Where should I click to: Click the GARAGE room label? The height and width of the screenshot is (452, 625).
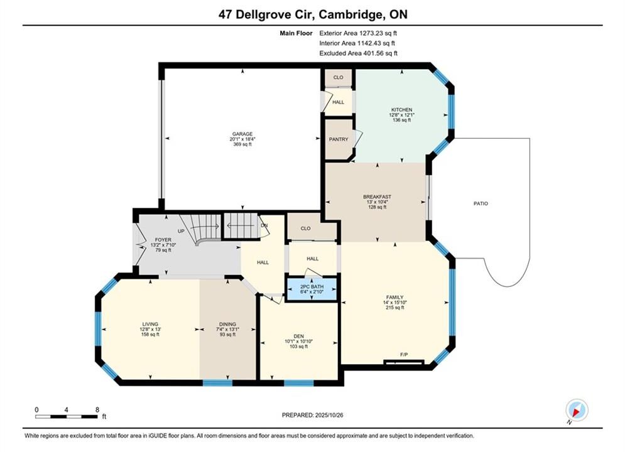point(242,134)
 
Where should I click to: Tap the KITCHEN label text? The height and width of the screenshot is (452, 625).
point(401,109)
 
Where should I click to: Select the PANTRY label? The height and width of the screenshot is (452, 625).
point(339,139)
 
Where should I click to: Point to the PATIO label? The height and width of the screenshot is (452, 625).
point(481,203)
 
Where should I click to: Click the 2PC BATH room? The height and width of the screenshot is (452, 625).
point(312,289)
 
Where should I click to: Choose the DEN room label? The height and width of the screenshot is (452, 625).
point(298,336)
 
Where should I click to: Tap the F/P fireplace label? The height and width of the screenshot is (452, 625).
point(404,355)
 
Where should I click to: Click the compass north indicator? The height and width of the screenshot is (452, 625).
point(577,410)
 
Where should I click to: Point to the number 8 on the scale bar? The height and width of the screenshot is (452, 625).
point(97,409)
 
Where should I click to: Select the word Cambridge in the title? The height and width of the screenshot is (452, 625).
point(350,14)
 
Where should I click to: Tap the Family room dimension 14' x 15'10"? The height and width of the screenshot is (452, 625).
point(394,302)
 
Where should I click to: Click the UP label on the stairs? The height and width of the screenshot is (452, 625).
point(181,231)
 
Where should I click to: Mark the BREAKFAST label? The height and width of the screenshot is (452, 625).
point(377,196)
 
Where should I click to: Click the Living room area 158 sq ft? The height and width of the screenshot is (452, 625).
point(150,335)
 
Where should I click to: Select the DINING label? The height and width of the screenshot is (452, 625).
point(227,324)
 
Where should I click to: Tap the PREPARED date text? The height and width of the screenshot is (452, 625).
point(313,415)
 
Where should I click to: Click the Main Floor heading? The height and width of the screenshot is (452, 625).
point(296,33)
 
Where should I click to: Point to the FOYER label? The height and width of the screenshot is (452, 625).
point(163,240)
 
